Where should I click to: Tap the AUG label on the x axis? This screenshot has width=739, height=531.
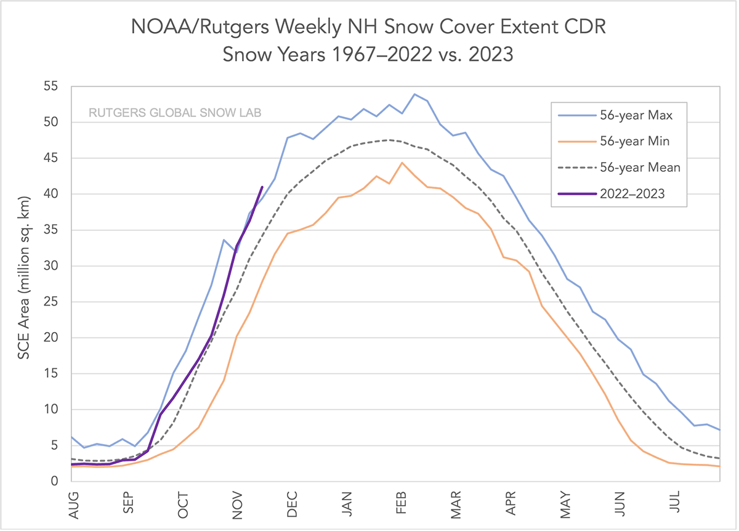pyautogui.click(x=74, y=503)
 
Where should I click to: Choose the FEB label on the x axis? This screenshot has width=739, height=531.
pyautogui.click(x=402, y=503)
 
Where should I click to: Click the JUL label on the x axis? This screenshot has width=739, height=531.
pyautogui.click(x=675, y=503)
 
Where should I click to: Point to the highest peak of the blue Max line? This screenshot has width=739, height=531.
pyautogui.click(x=414, y=94)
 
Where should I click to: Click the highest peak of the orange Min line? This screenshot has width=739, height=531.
pyautogui.click(x=402, y=163)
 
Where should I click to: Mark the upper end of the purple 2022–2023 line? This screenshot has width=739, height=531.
pyautogui.click(x=262, y=187)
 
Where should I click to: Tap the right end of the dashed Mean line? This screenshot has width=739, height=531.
pyautogui.click(x=719, y=458)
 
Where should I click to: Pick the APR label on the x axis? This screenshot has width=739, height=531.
pyautogui.click(x=511, y=503)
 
